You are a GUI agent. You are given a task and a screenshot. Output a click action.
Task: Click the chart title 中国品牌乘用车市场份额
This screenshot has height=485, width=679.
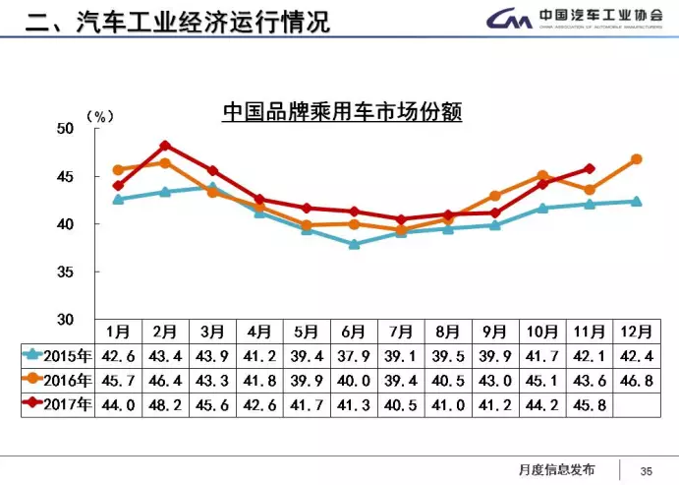tap(342, 112)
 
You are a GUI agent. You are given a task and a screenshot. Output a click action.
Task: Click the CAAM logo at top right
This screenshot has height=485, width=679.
tap(580, 20)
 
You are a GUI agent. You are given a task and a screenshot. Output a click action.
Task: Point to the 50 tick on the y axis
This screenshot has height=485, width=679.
tap(65, 129)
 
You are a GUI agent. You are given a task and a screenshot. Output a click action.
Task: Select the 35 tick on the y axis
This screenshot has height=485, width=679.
tap(65, 272)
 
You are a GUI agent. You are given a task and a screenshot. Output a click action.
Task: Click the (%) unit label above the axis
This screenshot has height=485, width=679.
tap(99, 116)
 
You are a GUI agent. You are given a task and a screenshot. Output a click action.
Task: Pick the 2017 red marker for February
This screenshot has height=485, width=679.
tap(165, 146)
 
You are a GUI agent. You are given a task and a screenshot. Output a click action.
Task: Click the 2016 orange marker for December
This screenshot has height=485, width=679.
tap(636, 158)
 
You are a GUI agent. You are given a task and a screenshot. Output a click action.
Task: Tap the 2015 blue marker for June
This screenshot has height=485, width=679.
tap(354, 244)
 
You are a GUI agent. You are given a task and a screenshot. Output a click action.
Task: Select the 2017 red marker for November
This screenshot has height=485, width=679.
tap(589, 168)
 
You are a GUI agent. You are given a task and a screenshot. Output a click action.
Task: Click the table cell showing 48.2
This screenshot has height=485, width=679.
tap(165, 403)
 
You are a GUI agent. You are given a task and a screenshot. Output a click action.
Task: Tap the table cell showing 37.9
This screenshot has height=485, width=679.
tap(354, 356)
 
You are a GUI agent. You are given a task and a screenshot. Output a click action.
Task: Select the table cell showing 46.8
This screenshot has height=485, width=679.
tap(636, 380)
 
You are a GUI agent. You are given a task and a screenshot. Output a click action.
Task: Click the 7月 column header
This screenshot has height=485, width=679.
tap(401, 332)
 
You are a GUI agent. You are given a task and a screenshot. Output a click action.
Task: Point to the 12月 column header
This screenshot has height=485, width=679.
tap(636, 332)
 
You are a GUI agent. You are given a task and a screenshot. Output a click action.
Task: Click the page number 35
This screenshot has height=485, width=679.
tap(646, 469)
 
